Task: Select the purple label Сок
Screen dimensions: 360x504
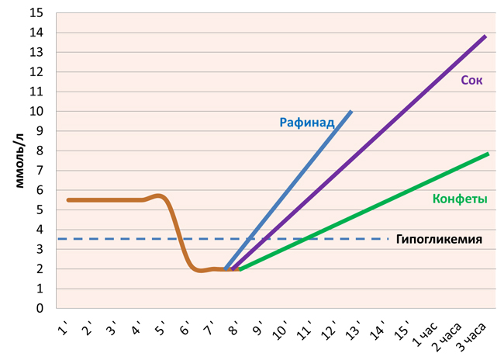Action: [471, 79]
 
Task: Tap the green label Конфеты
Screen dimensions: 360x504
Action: [460, 199]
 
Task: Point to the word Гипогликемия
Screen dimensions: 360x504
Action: [439, 240]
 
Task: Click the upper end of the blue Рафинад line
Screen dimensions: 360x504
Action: [351, 111]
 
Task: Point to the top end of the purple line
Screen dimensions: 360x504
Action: [486, 36]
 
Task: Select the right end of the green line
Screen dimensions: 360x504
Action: [488, 154]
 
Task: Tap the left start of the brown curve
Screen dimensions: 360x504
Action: [67, 200]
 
